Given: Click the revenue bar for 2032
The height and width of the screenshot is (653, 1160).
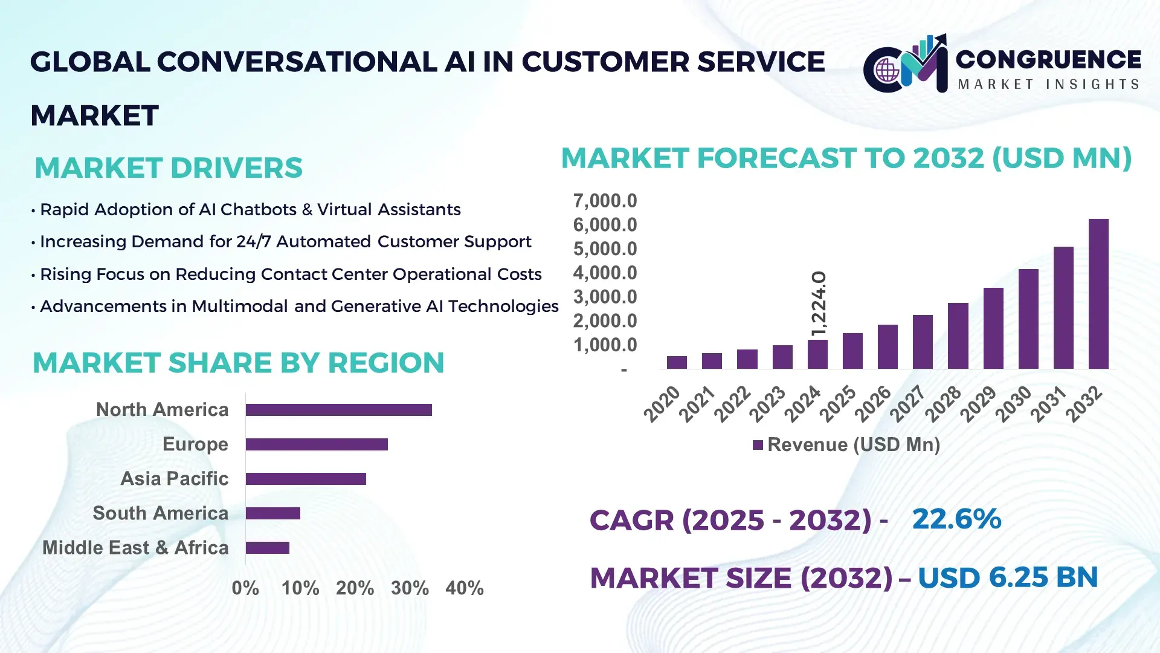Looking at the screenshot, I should tap(1098, 294).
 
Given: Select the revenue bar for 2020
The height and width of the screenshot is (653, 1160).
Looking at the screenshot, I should tap(677, 362).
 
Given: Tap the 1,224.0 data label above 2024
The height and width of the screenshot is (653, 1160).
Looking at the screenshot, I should tap(819, 304).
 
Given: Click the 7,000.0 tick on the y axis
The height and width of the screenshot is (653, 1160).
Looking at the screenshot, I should tap(605, 201).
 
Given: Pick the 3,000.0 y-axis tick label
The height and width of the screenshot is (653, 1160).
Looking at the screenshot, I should tap(605, 297).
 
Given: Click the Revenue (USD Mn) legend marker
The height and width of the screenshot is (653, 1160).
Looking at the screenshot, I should tap(758, 445).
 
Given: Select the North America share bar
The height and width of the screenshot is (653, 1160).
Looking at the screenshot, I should tap(338, 410).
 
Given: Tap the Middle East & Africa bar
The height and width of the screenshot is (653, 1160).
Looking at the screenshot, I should tap(267, 548).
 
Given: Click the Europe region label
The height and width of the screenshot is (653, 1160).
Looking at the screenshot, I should tap(195, 444).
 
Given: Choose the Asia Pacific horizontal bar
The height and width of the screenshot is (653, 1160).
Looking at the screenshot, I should tap(306, 479).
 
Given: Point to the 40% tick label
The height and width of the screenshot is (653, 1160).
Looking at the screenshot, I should tap(464, 588).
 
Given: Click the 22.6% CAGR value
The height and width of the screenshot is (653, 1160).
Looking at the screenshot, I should tap(956, 519).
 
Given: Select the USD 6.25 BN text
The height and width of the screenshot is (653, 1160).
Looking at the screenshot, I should tap(1007, 577).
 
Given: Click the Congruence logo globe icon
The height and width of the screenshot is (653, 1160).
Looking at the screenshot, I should tap(888, 71).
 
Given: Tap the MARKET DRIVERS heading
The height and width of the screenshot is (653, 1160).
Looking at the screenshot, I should tap(169, 168).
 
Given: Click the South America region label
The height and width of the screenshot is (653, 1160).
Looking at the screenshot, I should tap(161, 513).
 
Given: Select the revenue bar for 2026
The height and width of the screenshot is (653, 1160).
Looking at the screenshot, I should tap(888, 346).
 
